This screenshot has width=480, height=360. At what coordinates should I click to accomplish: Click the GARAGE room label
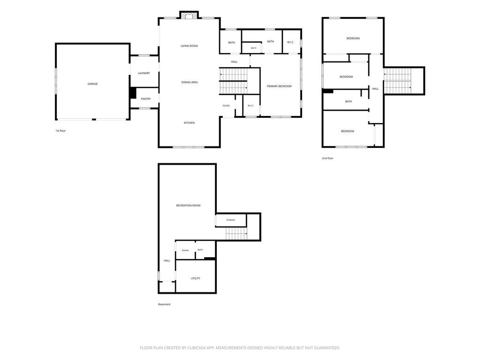click(x=93, y=84)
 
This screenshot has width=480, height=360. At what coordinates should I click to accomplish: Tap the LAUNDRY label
click(x=144, y=73)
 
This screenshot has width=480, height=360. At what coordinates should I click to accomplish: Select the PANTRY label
click(x=146, y=99)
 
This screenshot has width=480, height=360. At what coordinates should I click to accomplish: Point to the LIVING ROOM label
click(x=189, y=46)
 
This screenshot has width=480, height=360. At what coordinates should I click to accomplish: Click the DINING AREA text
click(x=190, y=82)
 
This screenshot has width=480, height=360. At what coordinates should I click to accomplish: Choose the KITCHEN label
click(x=189, y=123)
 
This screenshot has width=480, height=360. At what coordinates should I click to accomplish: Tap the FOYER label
click(x=226, y=106)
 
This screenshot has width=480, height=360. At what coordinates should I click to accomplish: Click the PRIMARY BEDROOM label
click(x=279, y=86)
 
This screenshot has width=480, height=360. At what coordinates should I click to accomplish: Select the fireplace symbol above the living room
click(x=189, y=15)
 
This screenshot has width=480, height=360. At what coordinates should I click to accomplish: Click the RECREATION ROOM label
click(x=188, y=206)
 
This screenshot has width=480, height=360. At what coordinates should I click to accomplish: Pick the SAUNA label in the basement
click(x=185, y=251)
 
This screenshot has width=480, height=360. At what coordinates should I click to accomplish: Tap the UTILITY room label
click(x=196, y=278)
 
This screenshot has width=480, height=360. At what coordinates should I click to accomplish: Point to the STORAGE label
click(x=230, y=220)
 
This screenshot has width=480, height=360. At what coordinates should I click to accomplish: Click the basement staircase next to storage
click(x=236, y=234)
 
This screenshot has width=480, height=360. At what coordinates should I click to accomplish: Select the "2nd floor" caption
click(x=328, y=158)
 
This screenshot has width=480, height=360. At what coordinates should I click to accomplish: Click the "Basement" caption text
click(x=164, y=304)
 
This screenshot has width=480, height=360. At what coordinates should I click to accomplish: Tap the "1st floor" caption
click(x=61, y=130)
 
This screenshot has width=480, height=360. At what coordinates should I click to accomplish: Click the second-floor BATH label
click(x=349, y=101)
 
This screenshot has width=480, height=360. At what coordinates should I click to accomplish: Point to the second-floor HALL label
click(x=375, y=89)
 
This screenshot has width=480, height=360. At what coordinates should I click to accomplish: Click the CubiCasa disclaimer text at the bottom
click(x=240, y=348)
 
